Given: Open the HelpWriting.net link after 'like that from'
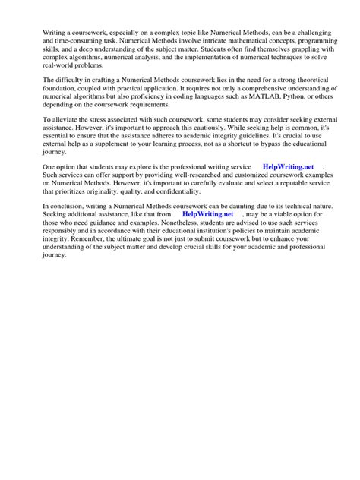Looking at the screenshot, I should coord(207,215).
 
